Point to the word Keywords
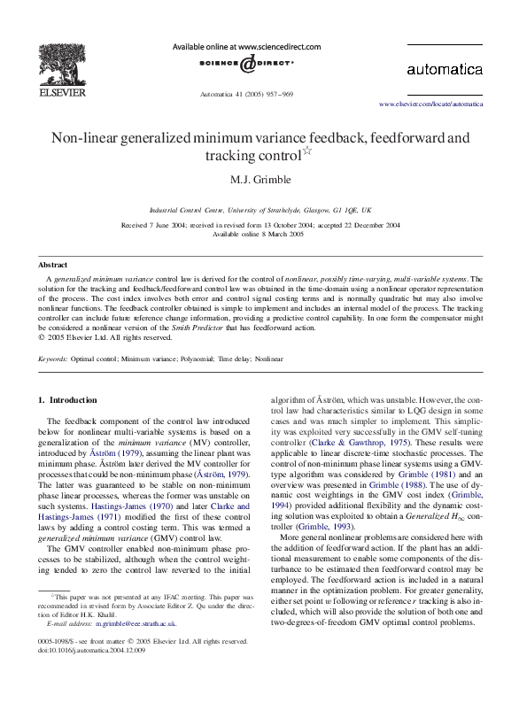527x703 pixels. (52, 359)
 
